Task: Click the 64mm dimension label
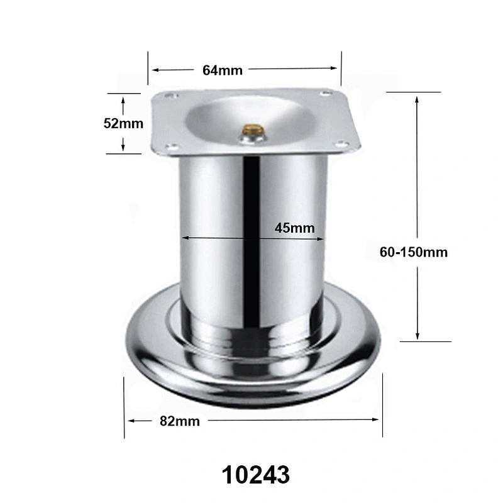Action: pos(223,70)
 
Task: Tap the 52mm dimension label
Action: pos(123,123)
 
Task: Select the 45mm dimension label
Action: pos(294,228)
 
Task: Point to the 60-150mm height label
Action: pos(414,252)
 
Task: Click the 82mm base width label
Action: pos(180,421)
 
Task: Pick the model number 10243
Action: pos(256,475)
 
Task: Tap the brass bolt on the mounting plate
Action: pos(253,130)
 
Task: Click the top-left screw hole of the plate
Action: pos(171,96)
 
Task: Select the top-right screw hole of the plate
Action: pos(326,93)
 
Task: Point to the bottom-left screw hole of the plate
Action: pos(172,147)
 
